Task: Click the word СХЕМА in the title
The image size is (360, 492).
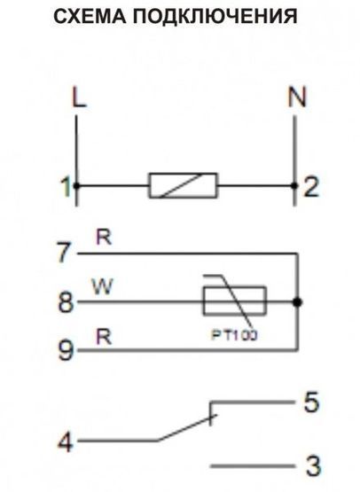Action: [x=90, y=16]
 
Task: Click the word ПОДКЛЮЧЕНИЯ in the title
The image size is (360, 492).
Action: [x=215, y=16]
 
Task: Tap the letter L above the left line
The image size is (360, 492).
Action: [x=79, y=98]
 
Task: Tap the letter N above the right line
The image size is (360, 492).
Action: [x=296, y=97]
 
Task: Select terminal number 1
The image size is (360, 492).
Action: [x=66, y=187]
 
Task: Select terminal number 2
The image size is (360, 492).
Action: [x=310, y=187]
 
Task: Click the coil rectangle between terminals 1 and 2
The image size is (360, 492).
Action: [x=183, y=185]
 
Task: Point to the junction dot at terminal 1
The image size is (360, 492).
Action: [x=76, y=186]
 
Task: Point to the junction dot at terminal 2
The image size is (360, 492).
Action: [x=294, y=186]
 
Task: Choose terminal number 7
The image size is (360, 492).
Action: [x=66, y=253]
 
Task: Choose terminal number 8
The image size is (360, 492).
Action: [x=66, y=302]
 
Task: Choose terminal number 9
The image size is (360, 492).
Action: [x=66, y=350]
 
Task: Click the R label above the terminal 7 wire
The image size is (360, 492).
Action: [x=104, y=238]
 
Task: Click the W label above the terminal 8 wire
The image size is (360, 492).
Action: [x=103, y=286]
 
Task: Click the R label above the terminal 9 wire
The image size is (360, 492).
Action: [x=104, y=337]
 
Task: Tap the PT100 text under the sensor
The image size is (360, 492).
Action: [x=234, y=335]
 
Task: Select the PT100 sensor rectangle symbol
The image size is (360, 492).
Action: [x=234, y=301]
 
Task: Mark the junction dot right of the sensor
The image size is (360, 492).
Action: [x=297, y=302]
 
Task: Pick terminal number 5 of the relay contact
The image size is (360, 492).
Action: [x=311, y=402]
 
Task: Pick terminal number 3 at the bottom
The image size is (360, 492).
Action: [x=313, y=466]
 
